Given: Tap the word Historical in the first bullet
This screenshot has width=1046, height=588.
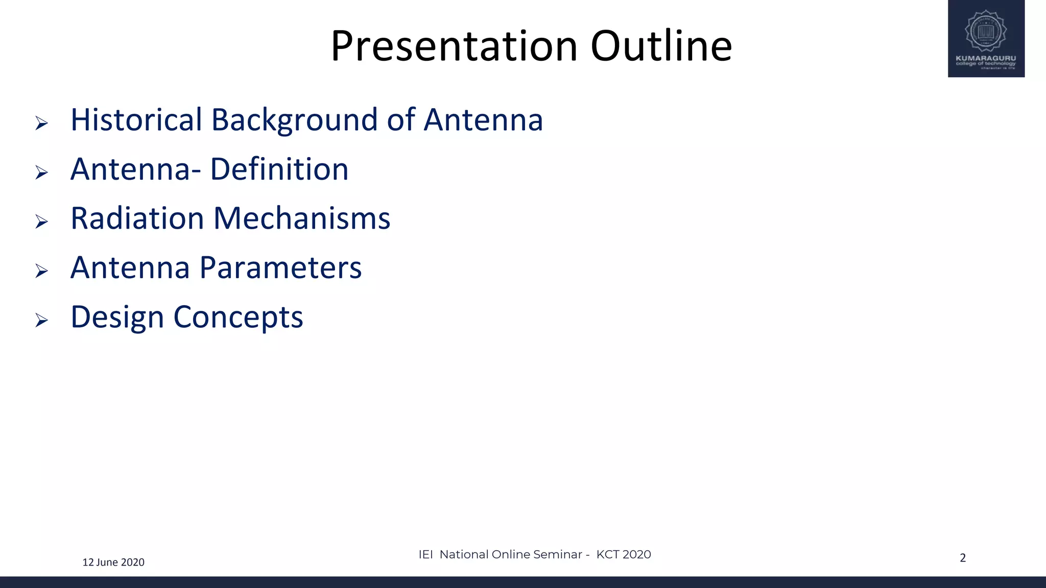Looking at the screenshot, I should (136, 120).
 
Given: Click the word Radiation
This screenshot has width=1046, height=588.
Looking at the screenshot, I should (137, 218).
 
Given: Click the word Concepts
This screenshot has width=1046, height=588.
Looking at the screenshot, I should (238, 317).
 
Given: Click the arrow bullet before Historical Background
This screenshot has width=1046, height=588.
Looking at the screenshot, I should (42, 123).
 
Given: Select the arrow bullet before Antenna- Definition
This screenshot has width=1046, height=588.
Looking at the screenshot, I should (42, 173).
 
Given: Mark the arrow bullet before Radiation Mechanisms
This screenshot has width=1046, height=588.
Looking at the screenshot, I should (42, 222).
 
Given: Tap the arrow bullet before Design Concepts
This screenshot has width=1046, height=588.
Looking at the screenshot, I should (42, 320).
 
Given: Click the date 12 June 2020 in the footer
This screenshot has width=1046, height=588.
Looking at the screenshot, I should (113, 562).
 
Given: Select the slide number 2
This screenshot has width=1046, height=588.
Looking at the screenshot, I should (963, 558).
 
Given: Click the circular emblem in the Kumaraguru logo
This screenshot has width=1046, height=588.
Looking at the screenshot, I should (986, 31).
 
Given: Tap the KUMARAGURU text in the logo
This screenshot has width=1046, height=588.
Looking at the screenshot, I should (986, 58).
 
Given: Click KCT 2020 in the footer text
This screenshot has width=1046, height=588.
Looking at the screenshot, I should (624, 554).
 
